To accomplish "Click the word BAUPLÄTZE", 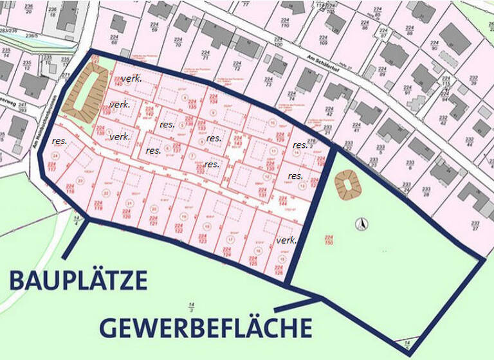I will click(x=78, y=281).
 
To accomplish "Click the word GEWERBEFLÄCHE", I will click(x=205, y=327).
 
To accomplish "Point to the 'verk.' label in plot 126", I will click(x=286, y=240).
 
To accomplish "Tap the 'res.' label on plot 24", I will click(x=60, y=140).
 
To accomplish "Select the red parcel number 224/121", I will click(x=154, y=221).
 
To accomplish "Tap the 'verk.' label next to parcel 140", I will click(x=131, y=78).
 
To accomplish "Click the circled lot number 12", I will click(x=266, y=178).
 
